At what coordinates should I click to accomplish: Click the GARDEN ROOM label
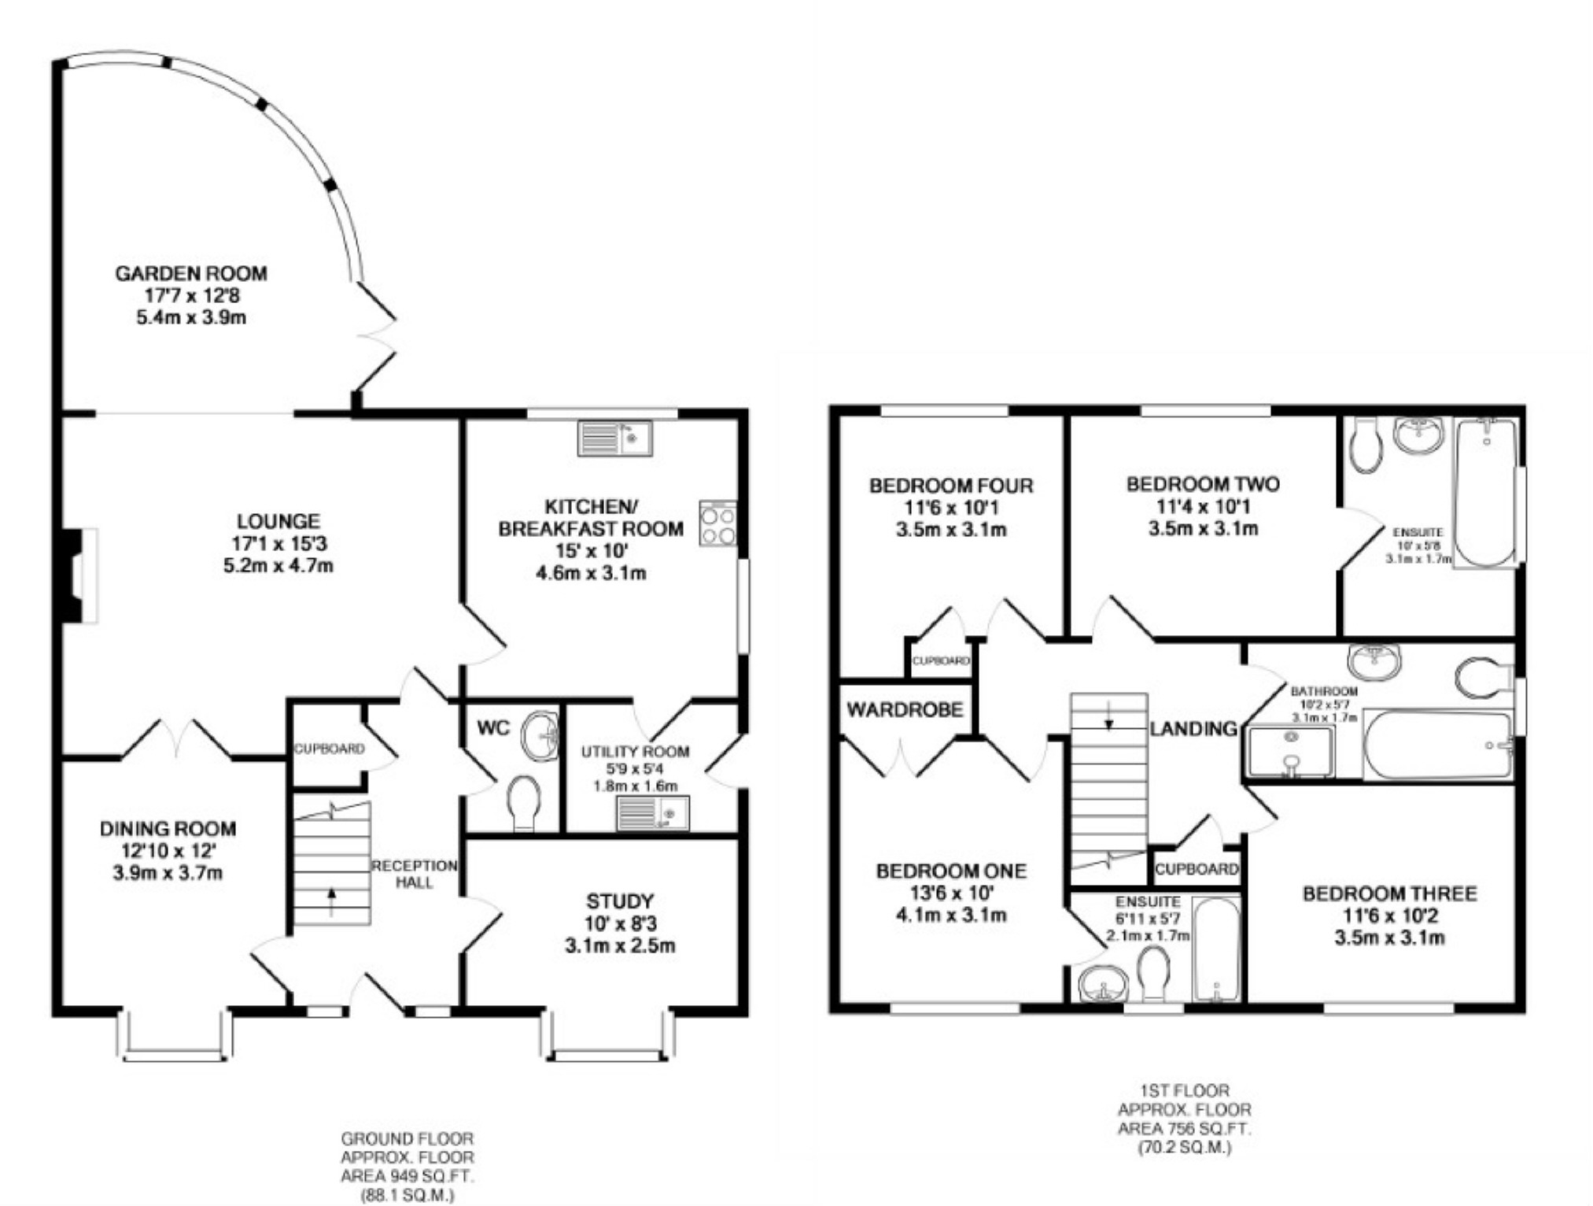coord(190,273)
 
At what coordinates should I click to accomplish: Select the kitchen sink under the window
coord(614,438)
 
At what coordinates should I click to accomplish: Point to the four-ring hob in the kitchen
coord(717,523)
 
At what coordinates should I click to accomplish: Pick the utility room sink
coord(652,812)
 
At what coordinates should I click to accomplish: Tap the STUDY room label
coord(619,901)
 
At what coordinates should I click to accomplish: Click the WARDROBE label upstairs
coord(905,709)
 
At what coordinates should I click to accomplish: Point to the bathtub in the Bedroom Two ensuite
coord(1484,492)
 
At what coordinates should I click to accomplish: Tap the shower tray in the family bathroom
coord(1290,752)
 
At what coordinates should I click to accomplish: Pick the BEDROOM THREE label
coord(1389,893)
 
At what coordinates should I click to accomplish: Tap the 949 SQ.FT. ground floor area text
coord(407,1176)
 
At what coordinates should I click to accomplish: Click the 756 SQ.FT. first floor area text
coord(1184,1128)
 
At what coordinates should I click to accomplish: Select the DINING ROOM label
coord(168,828)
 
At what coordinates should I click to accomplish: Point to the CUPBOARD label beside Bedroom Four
coord(940,660)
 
